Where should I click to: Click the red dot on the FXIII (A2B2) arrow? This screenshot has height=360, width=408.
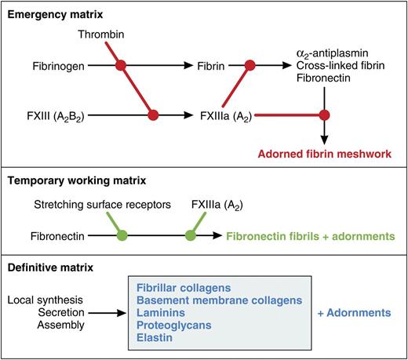[x=154, y=115]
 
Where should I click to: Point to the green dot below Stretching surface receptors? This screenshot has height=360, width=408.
[x=120, y=235]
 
